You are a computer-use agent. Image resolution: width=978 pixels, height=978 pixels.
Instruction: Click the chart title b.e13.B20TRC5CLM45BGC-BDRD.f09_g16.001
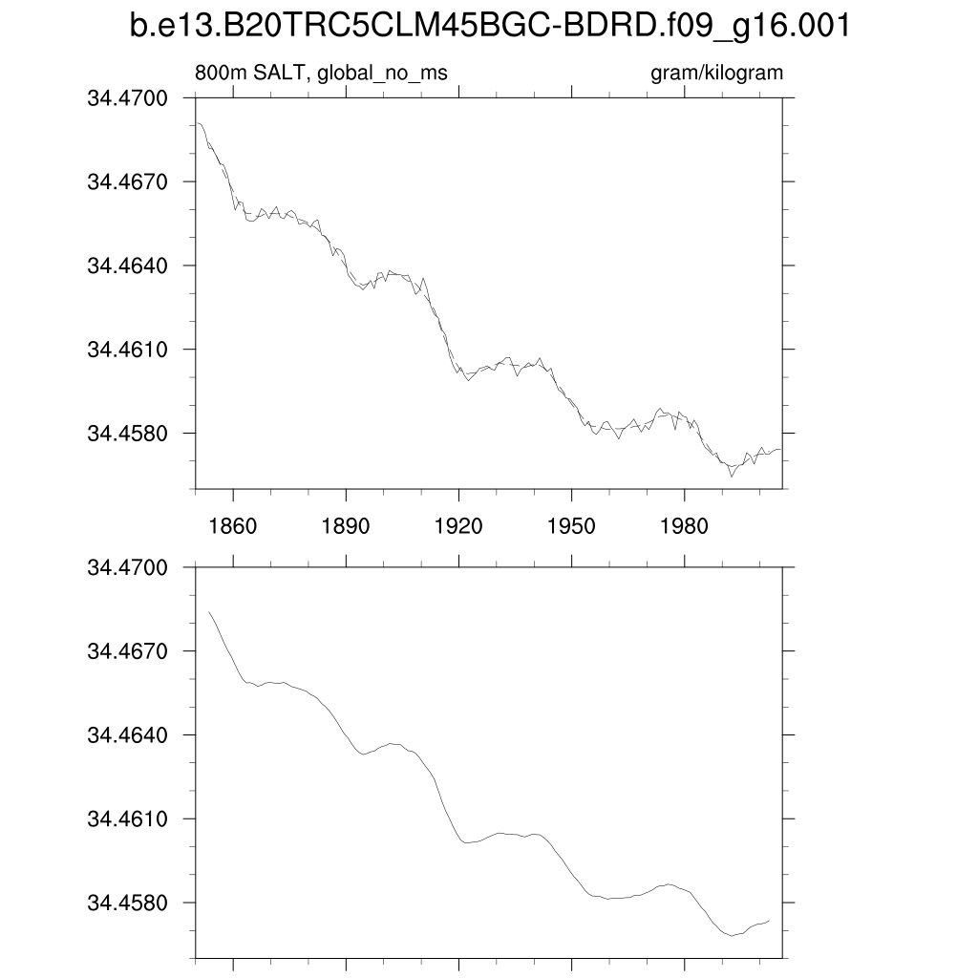click(x=489, y=28)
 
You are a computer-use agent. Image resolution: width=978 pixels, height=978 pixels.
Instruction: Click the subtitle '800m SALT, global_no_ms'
click(x=321, y=74)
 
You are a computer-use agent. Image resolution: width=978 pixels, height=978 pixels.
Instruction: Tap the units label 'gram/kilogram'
click(x=716, y=74)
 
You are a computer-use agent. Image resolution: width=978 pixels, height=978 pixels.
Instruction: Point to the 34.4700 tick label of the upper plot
click(x=127, y=97)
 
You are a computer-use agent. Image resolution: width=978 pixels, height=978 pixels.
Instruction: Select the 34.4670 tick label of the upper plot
click(x=127, y=181)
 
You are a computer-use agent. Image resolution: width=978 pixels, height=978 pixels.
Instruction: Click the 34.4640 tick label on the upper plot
click(x=127, y=266)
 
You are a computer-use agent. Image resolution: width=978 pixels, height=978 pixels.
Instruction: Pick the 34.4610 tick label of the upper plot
click(x=127, y=350)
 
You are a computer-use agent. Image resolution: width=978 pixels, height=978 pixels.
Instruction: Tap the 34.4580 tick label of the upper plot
click(x=127, y=434)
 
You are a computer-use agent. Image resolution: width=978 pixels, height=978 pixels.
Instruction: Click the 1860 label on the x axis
click(x=233, y=526)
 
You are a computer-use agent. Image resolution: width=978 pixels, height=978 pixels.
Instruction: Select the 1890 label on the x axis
click(x=346, y=526)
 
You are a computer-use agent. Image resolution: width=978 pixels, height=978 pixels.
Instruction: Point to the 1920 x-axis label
click(x=458, y=526)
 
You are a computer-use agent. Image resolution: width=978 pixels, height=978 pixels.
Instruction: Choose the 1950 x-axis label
click(x=571, y=526)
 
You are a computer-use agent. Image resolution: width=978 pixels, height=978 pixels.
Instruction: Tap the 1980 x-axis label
click(x=684, y=526)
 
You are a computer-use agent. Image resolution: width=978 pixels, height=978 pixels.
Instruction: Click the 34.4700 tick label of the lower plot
click(x=127, y=567)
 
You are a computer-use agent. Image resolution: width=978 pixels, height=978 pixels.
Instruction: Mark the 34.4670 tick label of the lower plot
click(x=127, y=651)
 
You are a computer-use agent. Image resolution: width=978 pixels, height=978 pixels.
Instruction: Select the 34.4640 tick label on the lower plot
click(x=127, y=735)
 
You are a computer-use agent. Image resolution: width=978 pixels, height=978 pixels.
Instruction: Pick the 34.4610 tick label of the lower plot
click(x=127, y=819)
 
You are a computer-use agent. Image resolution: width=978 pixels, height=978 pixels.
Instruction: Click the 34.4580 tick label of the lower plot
click(x=127, y=904)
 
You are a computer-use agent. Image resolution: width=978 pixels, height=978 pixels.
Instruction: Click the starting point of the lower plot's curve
click(x=208, y=611)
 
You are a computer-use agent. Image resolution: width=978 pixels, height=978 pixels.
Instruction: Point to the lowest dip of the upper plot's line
click(x=732, y=476)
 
